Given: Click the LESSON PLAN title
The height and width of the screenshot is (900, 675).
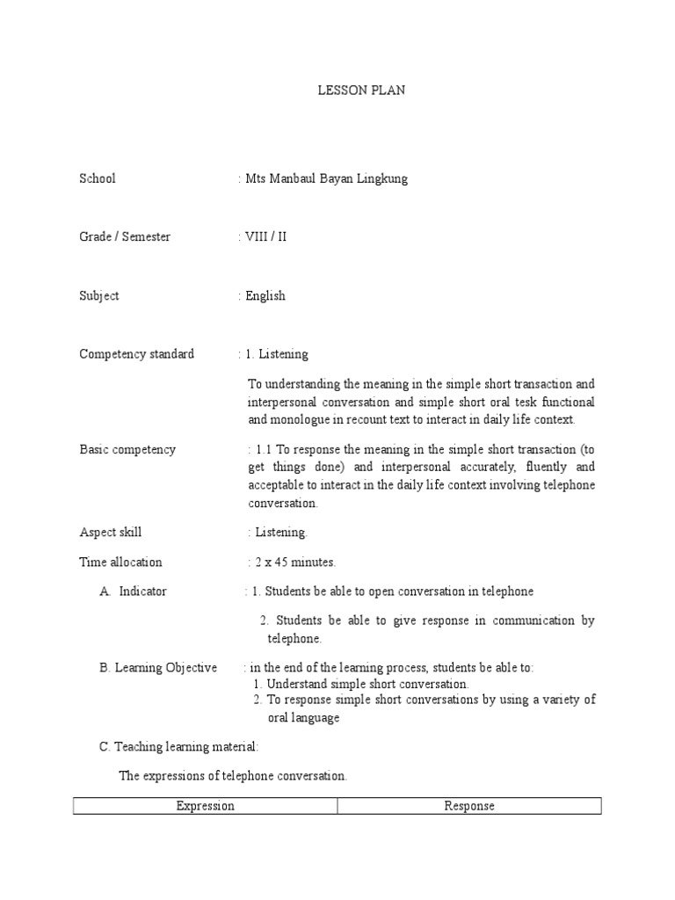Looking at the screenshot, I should tap(361, 91).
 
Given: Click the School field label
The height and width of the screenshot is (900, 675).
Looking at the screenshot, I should tap(98, 178).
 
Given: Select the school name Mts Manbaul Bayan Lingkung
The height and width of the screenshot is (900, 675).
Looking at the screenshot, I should tap(326, 178).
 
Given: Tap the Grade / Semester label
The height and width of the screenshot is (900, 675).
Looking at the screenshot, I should tap(125, 236).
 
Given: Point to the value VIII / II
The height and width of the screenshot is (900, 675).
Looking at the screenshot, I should tap(266, 236).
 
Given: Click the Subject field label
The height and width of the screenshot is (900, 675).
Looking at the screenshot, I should tap(99, 295).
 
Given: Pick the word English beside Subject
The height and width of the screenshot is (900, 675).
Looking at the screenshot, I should tap(265, 295).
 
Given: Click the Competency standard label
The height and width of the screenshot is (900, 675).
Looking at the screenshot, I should tap(137, 354).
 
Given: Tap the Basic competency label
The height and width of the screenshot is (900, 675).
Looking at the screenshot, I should tap(127, 449).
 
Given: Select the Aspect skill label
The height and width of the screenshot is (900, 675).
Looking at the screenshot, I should tap(111, 532).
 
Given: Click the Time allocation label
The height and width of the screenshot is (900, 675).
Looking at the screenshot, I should tap(121, 562).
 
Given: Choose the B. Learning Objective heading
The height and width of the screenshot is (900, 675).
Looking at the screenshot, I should tap(158, 668).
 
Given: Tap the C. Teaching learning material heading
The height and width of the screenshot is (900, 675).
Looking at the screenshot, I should tap(178, 746).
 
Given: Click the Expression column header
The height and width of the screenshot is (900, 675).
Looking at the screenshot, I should tap(206, 806).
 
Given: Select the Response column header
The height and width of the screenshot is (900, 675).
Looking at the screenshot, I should tap(469, 806).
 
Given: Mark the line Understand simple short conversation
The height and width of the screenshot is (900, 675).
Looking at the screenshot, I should tap(367, 684).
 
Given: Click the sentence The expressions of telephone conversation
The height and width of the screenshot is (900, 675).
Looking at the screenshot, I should tap(233, 776).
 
